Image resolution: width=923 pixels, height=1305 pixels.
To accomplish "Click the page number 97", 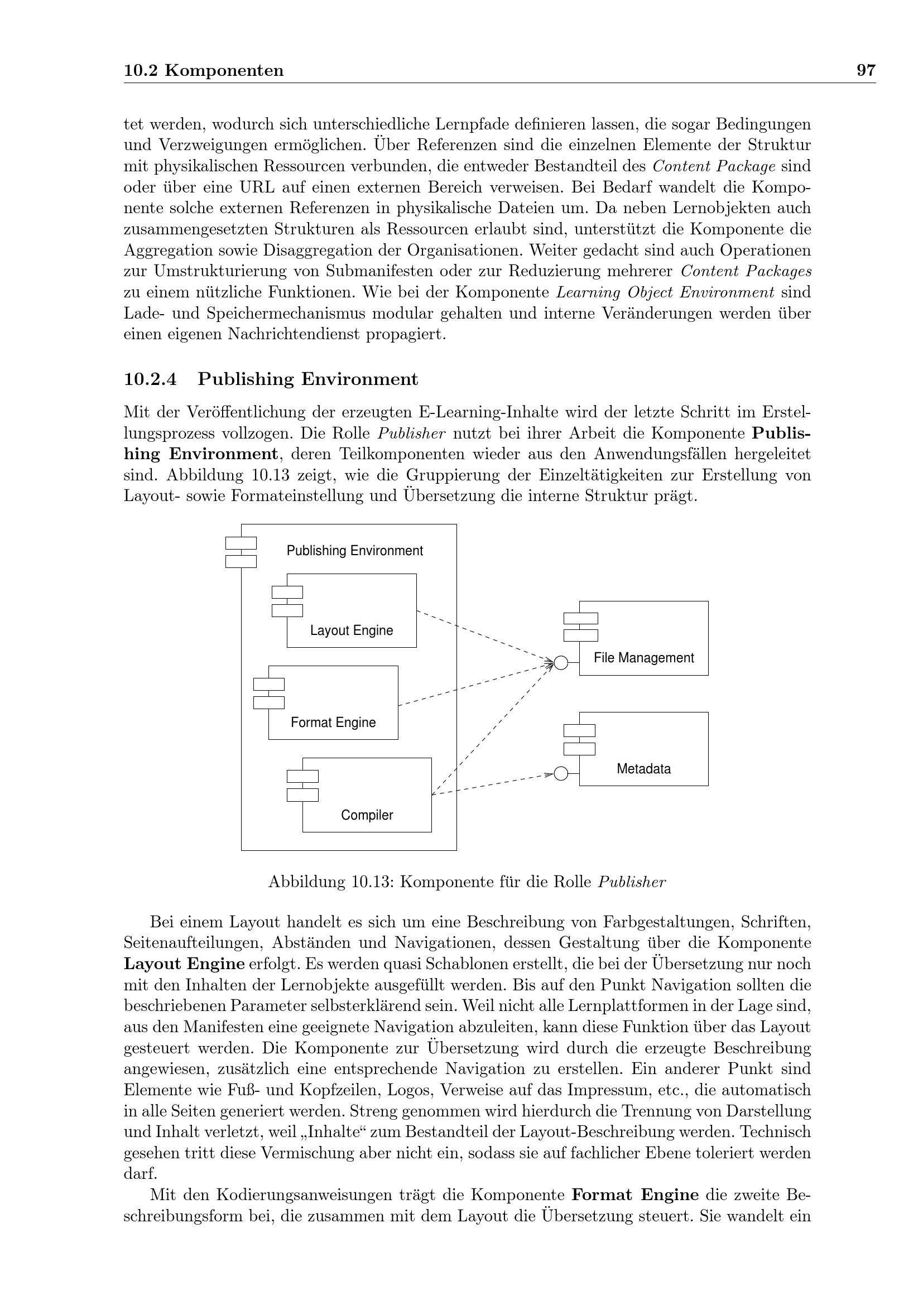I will pyautogui.click(x=866, y=71).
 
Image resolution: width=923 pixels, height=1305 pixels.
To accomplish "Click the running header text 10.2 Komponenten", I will pyautogui.click(x=204, y=71).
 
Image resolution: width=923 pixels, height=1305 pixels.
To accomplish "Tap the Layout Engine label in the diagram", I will pyautogui.click(x=351, y=630).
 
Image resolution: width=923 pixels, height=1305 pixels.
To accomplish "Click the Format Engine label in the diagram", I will pyautogui.click(x=333, y=723).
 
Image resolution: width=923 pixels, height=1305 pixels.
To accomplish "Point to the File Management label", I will pyautogui.click(x=643, y=658).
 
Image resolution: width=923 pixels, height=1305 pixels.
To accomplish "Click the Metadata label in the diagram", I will pyautogui.click(x=643, y=769).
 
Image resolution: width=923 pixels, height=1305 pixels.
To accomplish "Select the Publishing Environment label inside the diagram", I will pyautogui.click(x=355, y=551).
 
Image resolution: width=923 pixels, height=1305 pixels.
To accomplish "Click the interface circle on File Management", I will pyautogui.click(x=560, y=663).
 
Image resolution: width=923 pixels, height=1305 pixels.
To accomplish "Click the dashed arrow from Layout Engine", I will pyautogui.click(x=483, y=636).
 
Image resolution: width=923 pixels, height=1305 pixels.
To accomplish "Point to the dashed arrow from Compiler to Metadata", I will pyautogui.click(x=492, y=785).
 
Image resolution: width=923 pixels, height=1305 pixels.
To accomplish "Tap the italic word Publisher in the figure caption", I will pyautogui.click(x=632, y=882).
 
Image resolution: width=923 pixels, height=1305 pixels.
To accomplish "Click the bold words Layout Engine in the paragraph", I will pyautogui.click(x=184, y=965).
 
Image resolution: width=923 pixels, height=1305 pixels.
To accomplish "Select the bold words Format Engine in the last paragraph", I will pyautogui.click(x=635, y=1195).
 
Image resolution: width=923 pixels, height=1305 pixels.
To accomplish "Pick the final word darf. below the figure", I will pyautogui.click(x=141, y=1174).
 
